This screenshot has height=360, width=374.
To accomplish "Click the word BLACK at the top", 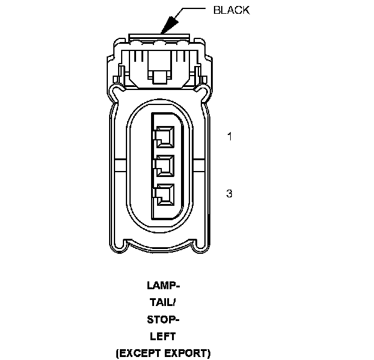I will (231, 10).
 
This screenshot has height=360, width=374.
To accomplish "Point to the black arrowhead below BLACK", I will (168, 24).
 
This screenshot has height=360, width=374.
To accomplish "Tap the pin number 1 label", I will (229, 137).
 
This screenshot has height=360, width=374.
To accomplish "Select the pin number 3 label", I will (229, 193).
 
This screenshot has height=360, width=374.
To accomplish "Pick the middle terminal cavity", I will (164, 166).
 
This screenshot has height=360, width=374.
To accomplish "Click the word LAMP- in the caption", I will (162, 285).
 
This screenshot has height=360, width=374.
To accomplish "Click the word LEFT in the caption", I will (162, 336).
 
